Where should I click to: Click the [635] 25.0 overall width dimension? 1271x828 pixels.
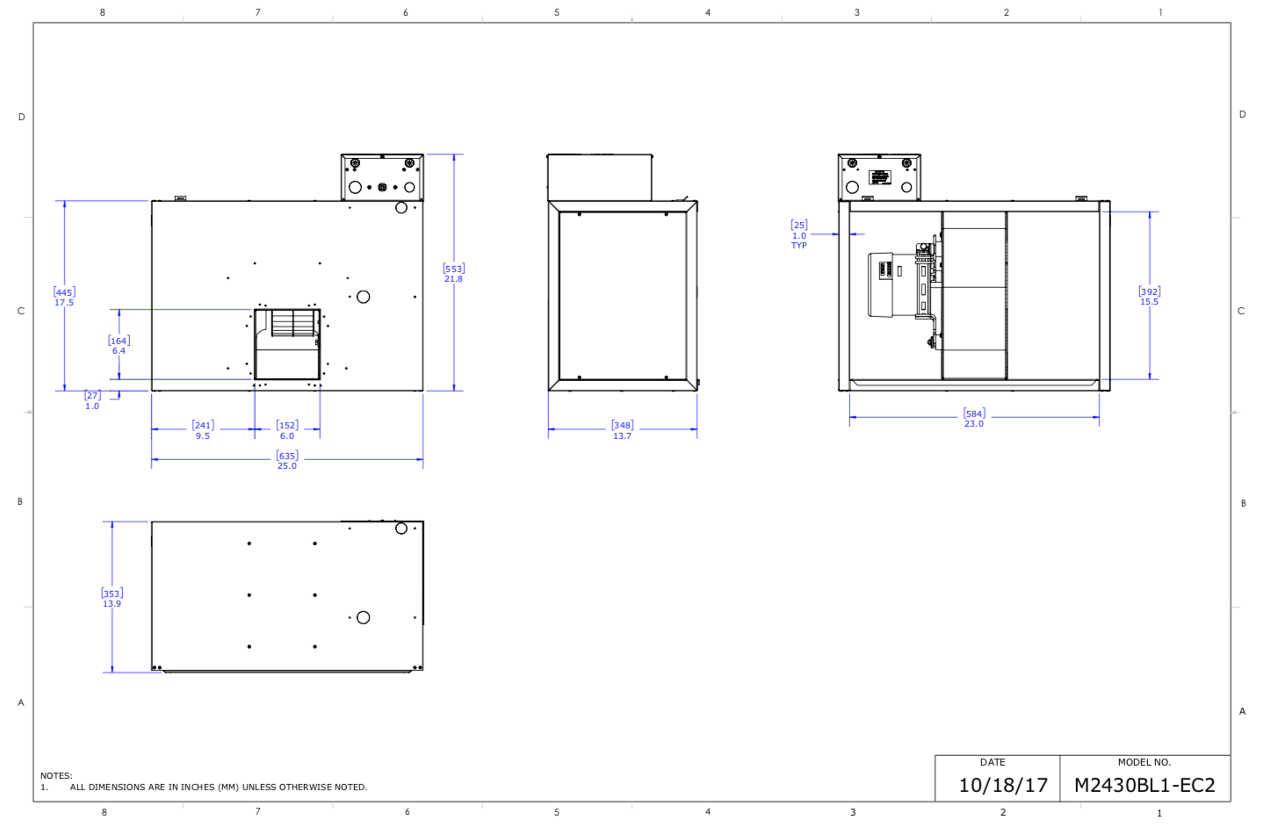click(x=286, y=460)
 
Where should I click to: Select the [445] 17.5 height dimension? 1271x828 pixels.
click(x=64, y=297)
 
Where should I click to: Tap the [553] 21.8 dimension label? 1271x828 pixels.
click(x=453, y=273)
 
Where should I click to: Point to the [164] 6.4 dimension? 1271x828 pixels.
click(x=119, y=345)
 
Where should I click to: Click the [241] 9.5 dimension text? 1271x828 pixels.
click(x=203, y=430)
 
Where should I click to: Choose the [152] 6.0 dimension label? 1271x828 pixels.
click(x=287, y=430)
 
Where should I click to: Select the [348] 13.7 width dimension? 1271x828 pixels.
click(x=622, y=430)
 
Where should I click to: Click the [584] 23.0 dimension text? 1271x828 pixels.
click(x=974, y=418)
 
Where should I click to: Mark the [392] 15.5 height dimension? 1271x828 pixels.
click(x=1149, y=296)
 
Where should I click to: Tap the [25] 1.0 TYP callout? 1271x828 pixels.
click(x=798, y=234)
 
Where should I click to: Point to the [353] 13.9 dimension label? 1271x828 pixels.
click(x=112, y=598)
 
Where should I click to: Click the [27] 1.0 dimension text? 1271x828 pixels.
click(x=92, y=400)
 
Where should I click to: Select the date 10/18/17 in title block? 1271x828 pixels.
click(x=1002, y=785)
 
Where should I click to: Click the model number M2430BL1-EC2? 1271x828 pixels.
click(x=1144, y=785)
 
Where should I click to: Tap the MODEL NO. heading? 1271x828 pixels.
click(x=1144, y=762)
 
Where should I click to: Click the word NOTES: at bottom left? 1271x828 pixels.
click(x=56, y=775)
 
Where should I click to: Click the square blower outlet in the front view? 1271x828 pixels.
click(x=287, y=344)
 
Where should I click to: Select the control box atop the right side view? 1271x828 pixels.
click(x=879, y=177)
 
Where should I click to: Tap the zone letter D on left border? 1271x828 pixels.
click(x=22, y=117)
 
